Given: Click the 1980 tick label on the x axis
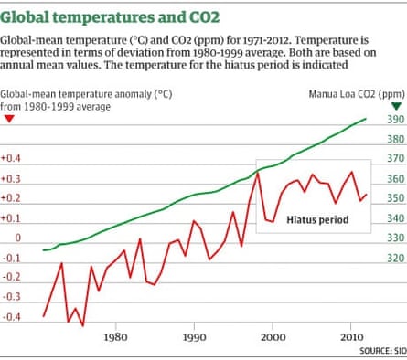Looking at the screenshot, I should (x=115, y=336).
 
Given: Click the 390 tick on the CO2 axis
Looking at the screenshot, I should (x=392, y=120).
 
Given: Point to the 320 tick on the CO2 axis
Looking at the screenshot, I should (x=392, y=258).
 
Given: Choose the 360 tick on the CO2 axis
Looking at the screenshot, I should (x=392, y=179).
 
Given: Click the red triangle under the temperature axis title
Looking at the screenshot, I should (x=8, y=120).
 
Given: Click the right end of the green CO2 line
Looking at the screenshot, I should (x=367, y=118).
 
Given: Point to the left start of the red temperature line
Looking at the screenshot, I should (x=44, y=316).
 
